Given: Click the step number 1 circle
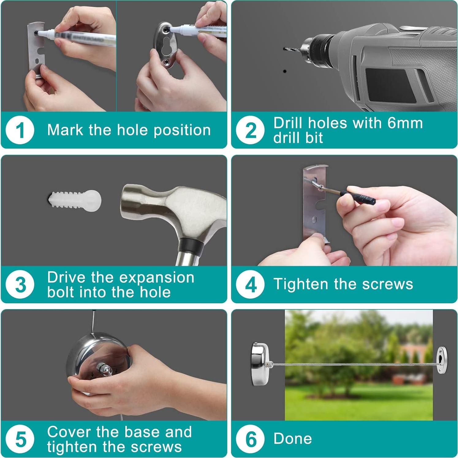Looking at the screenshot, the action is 20,130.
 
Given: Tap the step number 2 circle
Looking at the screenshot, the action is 250,130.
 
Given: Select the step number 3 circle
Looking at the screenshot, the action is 20,285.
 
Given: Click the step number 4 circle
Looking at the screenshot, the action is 250,285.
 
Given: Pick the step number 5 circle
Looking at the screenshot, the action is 20,439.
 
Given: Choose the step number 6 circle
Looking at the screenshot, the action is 250,439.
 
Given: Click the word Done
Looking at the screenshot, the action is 293,439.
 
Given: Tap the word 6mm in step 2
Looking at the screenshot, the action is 405,123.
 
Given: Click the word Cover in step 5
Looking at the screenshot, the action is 70,432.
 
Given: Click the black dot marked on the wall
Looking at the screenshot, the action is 285,71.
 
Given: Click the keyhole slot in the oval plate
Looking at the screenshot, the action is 166,46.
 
